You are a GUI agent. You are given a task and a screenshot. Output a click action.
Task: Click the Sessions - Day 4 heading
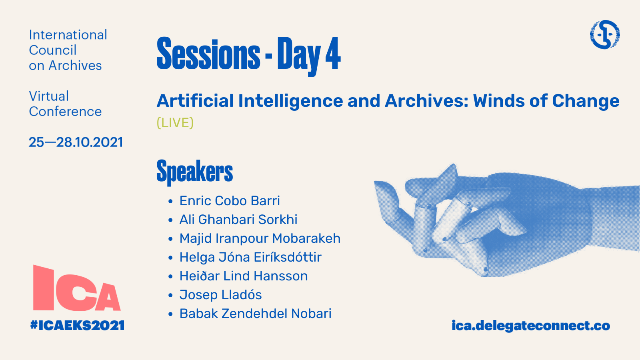point(248,54)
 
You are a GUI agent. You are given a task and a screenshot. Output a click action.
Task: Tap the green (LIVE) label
point(175,122)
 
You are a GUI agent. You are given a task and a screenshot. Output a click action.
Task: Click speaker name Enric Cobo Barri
point(230,200)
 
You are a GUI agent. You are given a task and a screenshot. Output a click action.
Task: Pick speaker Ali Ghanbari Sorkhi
point(238,220)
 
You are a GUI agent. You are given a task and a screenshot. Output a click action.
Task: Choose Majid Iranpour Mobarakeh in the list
point(260,238)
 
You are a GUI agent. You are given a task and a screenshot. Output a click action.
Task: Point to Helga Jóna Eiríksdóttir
point(250,257)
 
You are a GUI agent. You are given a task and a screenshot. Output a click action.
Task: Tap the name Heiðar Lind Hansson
point(244,276)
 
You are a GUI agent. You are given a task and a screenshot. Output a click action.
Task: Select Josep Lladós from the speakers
point(220,295)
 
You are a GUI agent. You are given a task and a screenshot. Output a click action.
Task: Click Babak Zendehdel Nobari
point(256,314)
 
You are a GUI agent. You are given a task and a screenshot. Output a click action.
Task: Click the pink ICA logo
point(76,288)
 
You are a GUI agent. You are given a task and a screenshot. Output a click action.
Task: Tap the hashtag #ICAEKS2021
point(78,326)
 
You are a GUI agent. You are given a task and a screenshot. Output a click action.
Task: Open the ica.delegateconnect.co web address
point(531,326)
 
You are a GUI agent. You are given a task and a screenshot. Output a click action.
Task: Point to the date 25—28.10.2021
point(76,142)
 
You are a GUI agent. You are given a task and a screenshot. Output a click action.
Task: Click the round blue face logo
point(605,34)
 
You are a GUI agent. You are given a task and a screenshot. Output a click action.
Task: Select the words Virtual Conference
point(65,104)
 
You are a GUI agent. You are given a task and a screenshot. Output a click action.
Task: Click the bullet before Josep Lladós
point(170,295)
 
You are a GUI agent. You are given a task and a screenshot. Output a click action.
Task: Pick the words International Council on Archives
point(68,50)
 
